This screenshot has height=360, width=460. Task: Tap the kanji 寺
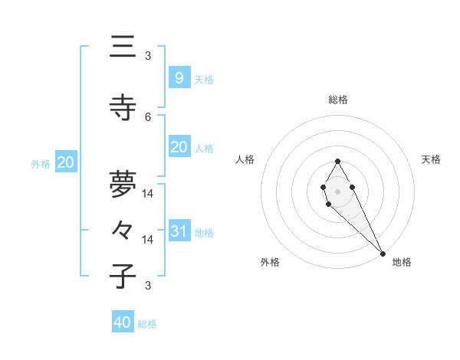pyautogui.click(x=123, y=108)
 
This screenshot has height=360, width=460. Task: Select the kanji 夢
pyautogui.click(x=123, y=183)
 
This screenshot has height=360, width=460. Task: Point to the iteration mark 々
pyautogui.click(x=123, y=230)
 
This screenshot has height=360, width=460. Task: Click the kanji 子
pyautogui.click(x=123, y=276)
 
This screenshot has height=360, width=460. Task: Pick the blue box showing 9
pyautogui.click(x=179, y=78)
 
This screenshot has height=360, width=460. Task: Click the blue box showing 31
pyautogui.click(x=179, y=231)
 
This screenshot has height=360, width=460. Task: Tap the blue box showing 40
pyautogui.click(x=123, y=322)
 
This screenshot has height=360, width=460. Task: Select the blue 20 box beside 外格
pyautogui.click(x=66, y=162)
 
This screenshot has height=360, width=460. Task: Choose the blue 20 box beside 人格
pyautogui.click(x=179, y=147)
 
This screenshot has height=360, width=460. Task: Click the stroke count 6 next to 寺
pyautogui.click(x=148, y=116)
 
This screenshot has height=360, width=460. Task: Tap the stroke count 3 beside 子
pyautogui.click(x=148, y=286)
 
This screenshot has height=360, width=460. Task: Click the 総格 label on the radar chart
pyautogui.click(x=338, y=100)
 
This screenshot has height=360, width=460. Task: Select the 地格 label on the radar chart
pyautogui.click(x=402, y=262)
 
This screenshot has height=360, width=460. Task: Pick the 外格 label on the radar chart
pyautogui.click(x=270, y=262)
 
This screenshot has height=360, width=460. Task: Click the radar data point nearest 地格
pyautogui.click(x=383, y=254)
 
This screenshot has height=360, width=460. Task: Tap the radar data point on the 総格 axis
pyautogui.click(x=337, y=161)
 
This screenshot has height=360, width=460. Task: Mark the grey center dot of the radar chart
pyautogui.click(x=337, y=191)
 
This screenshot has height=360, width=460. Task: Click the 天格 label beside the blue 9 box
pyautogui.click(x=203, y=80)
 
